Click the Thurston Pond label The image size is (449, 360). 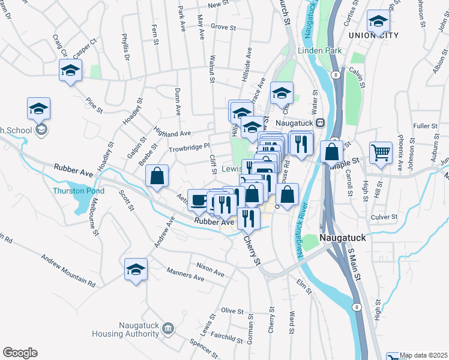tap(79, 191)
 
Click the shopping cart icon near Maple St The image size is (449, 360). tap(381, 154)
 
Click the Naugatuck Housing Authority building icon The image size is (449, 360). tap(167, 328)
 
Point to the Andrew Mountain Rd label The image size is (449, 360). tap(67, 270)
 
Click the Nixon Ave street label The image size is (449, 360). tap(210, 269)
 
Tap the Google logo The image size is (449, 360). tap(20, 353)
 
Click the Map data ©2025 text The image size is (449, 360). tap(423, 355)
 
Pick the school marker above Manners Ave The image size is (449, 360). tap(136, 269)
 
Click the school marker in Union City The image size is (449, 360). tap(378, 22)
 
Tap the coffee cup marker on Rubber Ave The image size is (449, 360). tap(198, 200)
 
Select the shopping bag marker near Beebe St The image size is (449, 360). tap(157, 176)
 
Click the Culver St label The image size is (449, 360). tap(385, 217)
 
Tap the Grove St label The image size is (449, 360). tap(222, 27)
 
